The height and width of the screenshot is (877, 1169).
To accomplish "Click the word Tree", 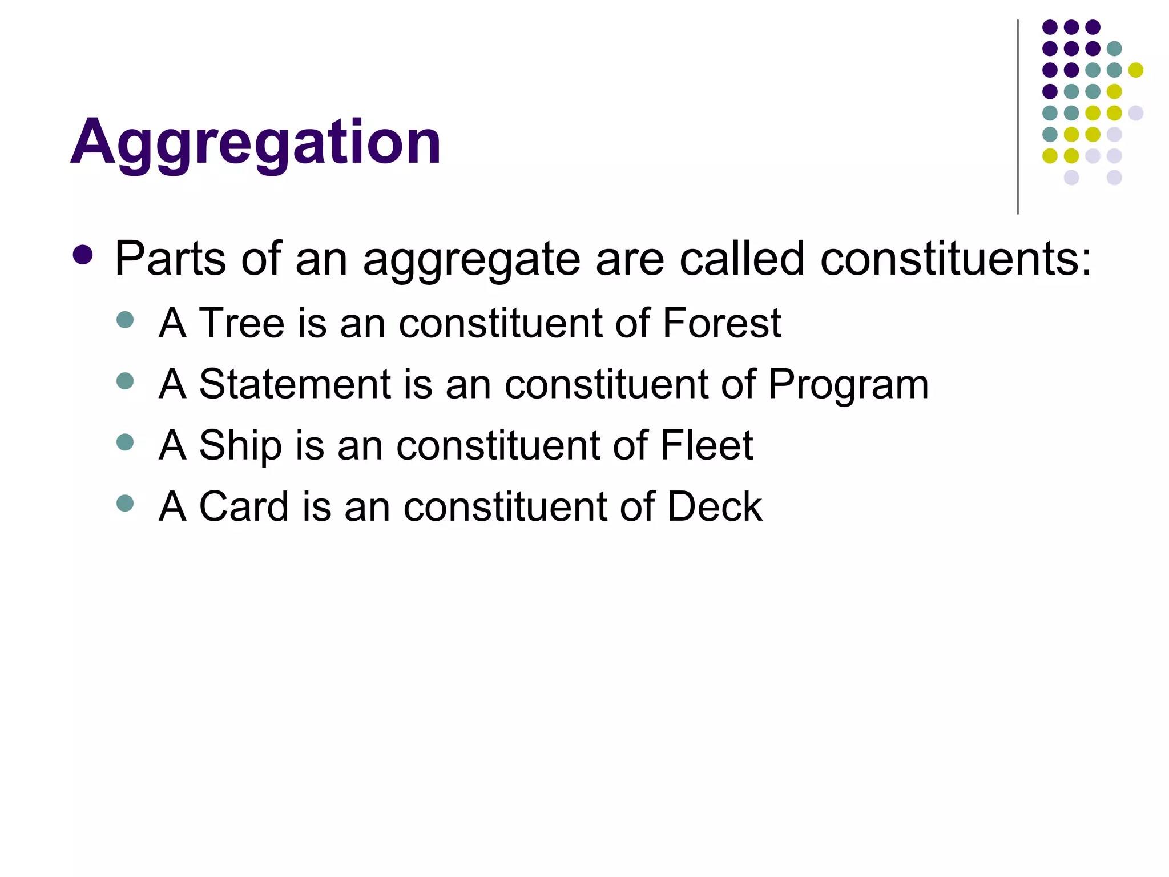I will tap(241, 323).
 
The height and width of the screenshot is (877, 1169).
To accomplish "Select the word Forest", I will tap(721, 323).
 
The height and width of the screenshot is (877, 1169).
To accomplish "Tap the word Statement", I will tap(295, 384).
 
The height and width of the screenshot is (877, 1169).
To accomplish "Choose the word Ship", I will tap(240, 446).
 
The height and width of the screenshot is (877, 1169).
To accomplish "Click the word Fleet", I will tap(707, 445).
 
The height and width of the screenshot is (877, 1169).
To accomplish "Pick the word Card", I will tap(244, 506).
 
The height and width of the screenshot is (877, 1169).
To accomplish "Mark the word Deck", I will tap(715, 506).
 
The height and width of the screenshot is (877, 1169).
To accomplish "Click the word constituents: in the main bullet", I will tap(956, 259).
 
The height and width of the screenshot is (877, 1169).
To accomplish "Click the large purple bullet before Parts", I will tap(83, 255).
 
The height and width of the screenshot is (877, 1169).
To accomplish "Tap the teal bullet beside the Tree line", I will tap(124, 320).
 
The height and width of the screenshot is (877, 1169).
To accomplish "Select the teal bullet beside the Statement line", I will tap(124, 381).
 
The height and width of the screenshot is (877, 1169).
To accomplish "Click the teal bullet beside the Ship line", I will tap(124, 442).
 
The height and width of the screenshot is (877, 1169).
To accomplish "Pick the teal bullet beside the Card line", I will tap(124, 503).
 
